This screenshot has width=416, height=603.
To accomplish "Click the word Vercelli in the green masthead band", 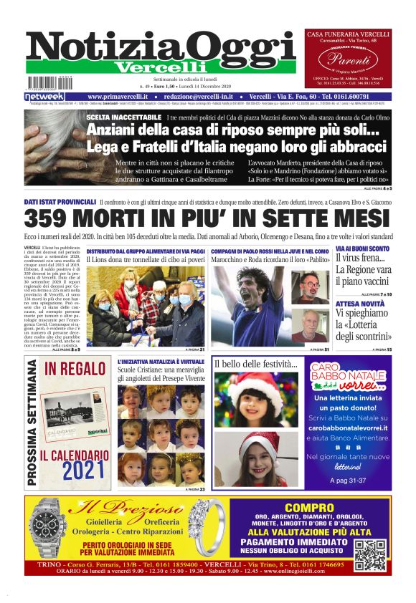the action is point(161,67).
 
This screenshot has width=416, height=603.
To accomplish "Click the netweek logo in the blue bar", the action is point(44,96).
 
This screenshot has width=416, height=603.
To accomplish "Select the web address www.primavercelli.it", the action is point(118,96).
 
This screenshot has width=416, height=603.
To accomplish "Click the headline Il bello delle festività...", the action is point(251,365).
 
